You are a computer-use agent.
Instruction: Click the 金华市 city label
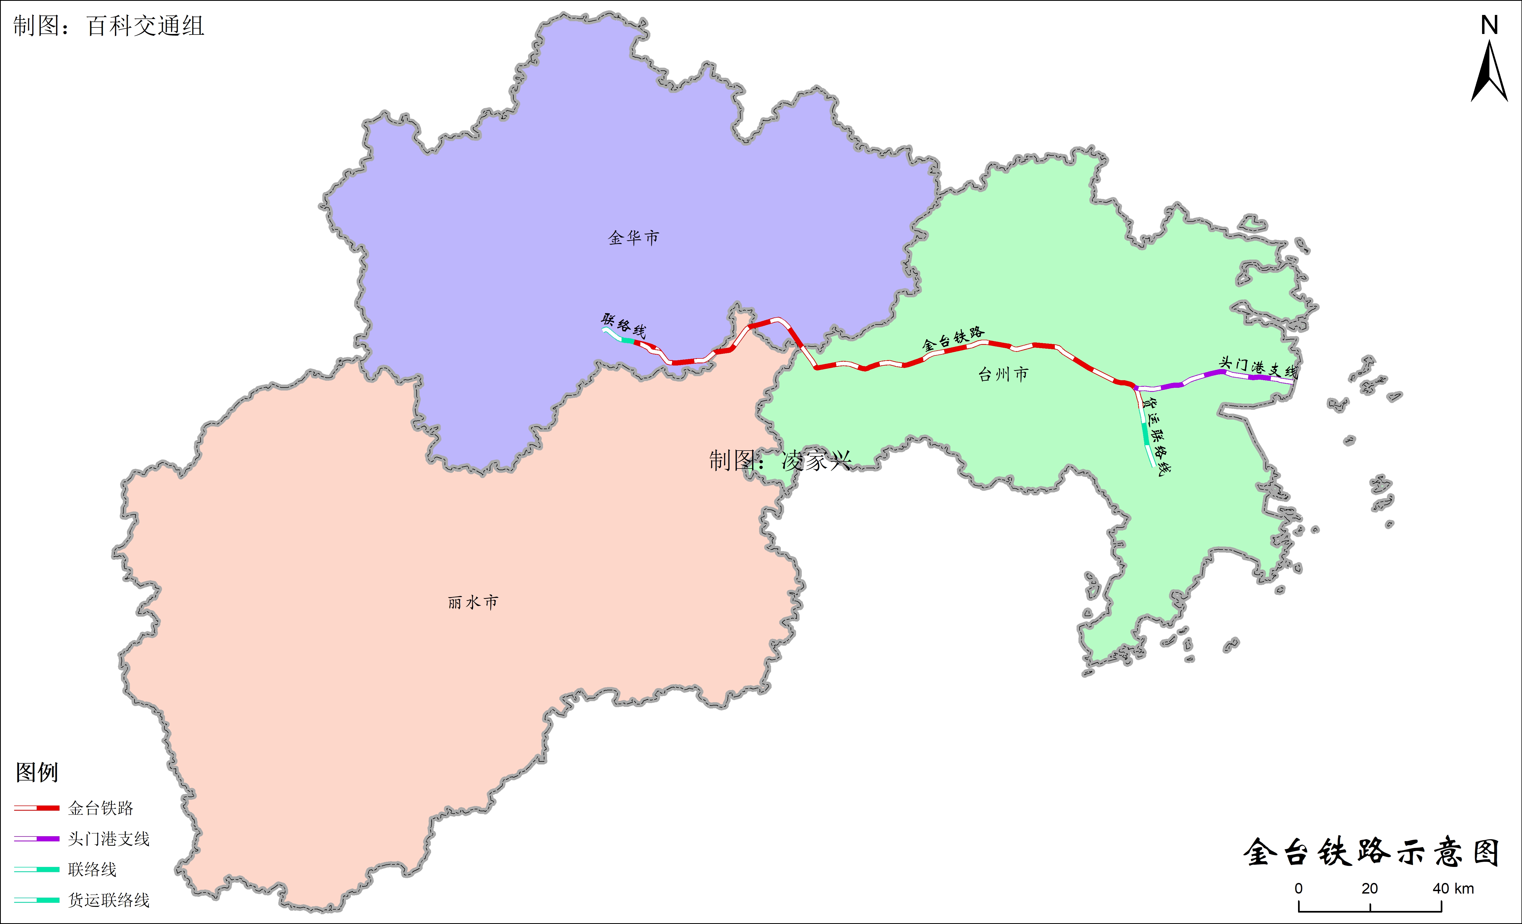tap(633, 238)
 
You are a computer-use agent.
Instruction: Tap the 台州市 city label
tap(1003, 374)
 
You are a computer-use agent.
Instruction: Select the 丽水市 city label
tap(473, 602)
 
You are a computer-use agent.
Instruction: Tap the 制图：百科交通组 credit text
tap(109, 26)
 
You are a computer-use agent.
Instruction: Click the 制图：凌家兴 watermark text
tap(780, 460)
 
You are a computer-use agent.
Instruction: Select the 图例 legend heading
tap(37, 772)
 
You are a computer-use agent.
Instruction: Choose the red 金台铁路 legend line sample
tap(37, 808)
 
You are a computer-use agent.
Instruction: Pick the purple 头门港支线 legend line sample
tap(37, 839)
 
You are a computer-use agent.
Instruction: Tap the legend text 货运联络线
tap(109, 901)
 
